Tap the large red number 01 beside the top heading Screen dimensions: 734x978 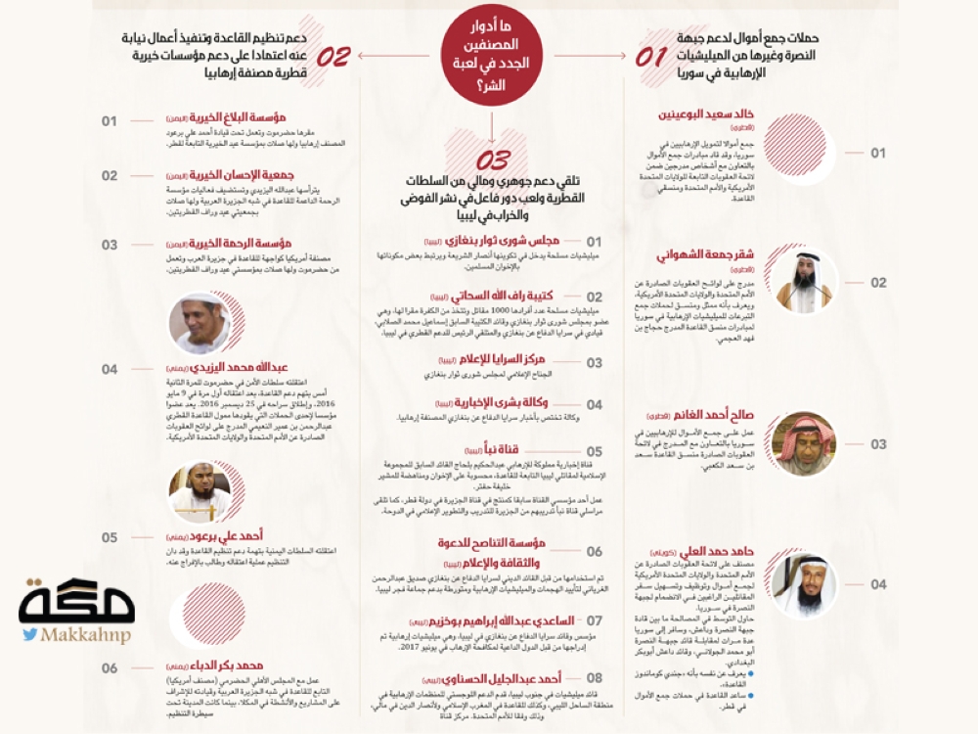pos(651,57)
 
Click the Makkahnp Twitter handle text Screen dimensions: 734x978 pos(86,635)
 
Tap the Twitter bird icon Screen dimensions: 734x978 pos(29,635)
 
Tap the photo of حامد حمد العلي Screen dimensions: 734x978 pos(804,585)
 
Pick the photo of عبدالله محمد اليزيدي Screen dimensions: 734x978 pos(200,323)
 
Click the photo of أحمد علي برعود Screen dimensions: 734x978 pos(200,492)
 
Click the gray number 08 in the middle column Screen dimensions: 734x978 pos(594,677)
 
